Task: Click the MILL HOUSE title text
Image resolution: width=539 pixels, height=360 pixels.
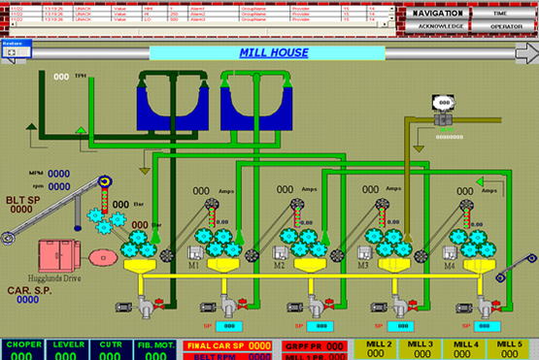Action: pyautogui.click(x=274, y=52)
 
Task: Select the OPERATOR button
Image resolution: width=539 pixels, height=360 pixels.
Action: pyautogui.click(x=504, y=27)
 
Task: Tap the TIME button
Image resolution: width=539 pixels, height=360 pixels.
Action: pyautogui.click(x=504, y=14)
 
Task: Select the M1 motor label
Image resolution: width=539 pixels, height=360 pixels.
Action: pyautogui.click(x=193, y=264)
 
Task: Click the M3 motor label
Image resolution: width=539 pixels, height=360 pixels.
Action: pyautogui.click(x=363, y=264)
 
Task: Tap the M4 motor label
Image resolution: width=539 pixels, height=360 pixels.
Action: pyautogui.click(x=449, y=264)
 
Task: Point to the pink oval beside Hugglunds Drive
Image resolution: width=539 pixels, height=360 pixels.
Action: pyautogui.click(x=99, y=257)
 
